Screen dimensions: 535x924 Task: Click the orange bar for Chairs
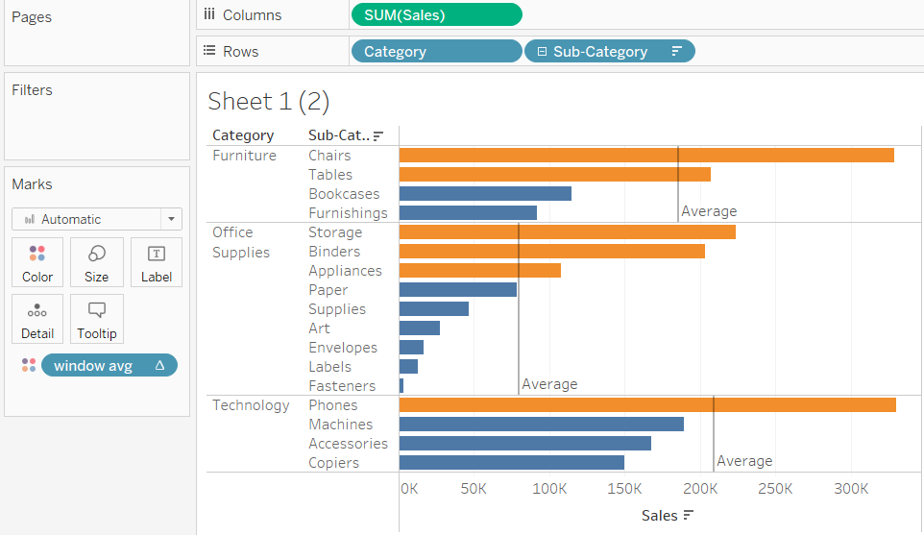pos(645,156)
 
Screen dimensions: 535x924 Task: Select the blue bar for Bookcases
pos(485,194)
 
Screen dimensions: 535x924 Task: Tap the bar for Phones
pos(646,405)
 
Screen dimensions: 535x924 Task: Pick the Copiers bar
pos(511,463)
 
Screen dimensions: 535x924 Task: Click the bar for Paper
pos(457,290)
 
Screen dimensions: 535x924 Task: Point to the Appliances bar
pos(479,271)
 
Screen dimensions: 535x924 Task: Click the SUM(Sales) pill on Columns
pos(436,14)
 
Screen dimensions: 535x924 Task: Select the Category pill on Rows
pos(436,52)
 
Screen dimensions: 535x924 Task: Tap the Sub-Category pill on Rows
pos(609,52)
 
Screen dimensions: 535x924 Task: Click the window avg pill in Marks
pos(109,366)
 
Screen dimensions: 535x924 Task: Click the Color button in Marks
pos(37,263)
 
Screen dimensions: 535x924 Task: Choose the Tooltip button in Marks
pos(96,320)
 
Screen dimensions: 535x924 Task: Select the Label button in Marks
pos(156,263)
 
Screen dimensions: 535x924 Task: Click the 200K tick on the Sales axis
pos(699,488)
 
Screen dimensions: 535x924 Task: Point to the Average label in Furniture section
pos(709,211)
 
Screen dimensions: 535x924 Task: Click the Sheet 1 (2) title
pos(268,101)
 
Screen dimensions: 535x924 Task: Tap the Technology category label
pos(251,405)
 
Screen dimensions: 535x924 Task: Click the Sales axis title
pos(660,516)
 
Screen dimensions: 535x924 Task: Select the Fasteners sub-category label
pos(342,386)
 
